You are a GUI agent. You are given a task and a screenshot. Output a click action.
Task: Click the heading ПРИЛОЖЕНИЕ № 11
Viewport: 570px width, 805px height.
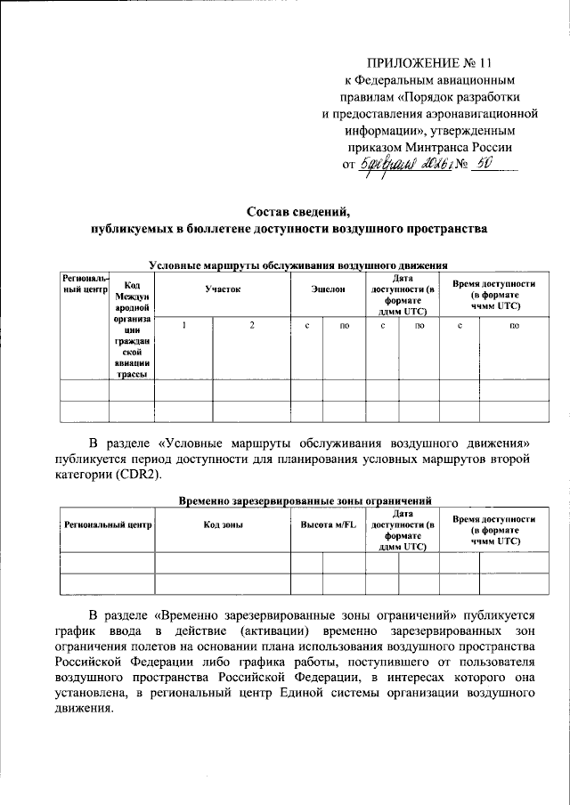[x=430, y=63]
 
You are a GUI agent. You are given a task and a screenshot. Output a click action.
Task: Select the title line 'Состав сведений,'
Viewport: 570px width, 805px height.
[x=289, y=212]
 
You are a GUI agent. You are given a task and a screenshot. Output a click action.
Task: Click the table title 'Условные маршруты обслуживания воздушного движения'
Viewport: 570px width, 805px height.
[x=297, y=264]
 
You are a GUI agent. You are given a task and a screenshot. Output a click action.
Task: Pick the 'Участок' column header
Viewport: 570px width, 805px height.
[x=222, y=289]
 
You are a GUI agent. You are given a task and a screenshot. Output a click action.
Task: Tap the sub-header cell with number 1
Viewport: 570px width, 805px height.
[x=184, y=325]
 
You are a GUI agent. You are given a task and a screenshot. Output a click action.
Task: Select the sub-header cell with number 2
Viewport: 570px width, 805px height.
[x=252, y=325]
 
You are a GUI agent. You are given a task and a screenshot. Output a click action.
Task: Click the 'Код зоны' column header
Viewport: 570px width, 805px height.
[x=223, y=525]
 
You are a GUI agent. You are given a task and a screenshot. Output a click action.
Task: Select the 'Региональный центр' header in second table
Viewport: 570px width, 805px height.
[x=109, y=525]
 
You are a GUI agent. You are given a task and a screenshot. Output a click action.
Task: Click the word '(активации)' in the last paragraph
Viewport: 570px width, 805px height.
[x=282, y=630]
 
